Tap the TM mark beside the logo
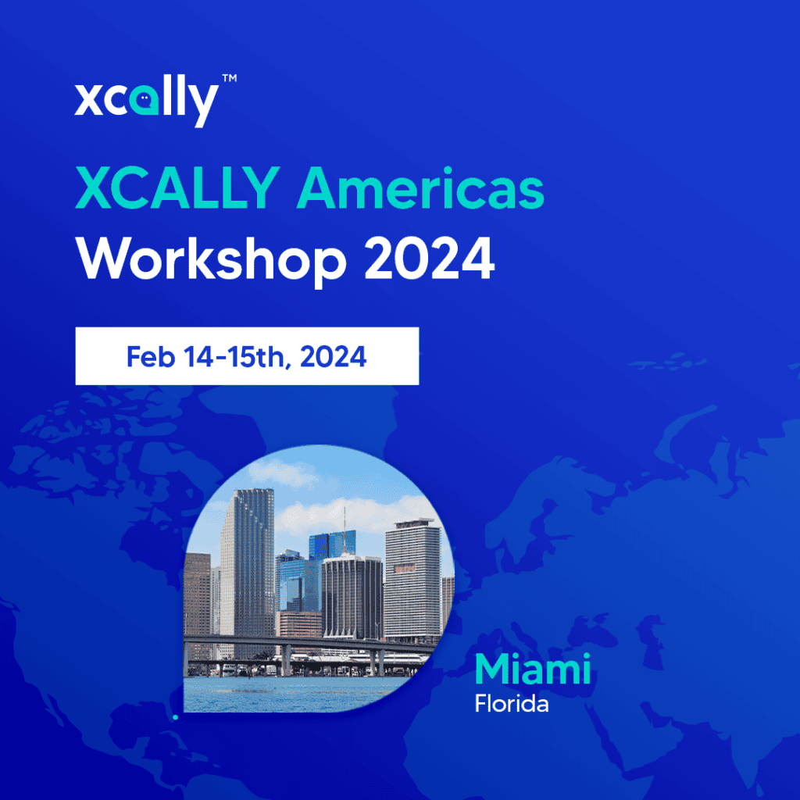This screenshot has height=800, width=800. [x=229, y=79]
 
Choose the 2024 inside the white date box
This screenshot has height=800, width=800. [x=331, y=356]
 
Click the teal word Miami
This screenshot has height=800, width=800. [x=532, y=670]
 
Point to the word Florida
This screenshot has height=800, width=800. [x=512, y=704]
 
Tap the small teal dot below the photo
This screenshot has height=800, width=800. [x=176, y=716]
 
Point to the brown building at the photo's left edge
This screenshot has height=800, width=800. [x=197, y=594]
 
